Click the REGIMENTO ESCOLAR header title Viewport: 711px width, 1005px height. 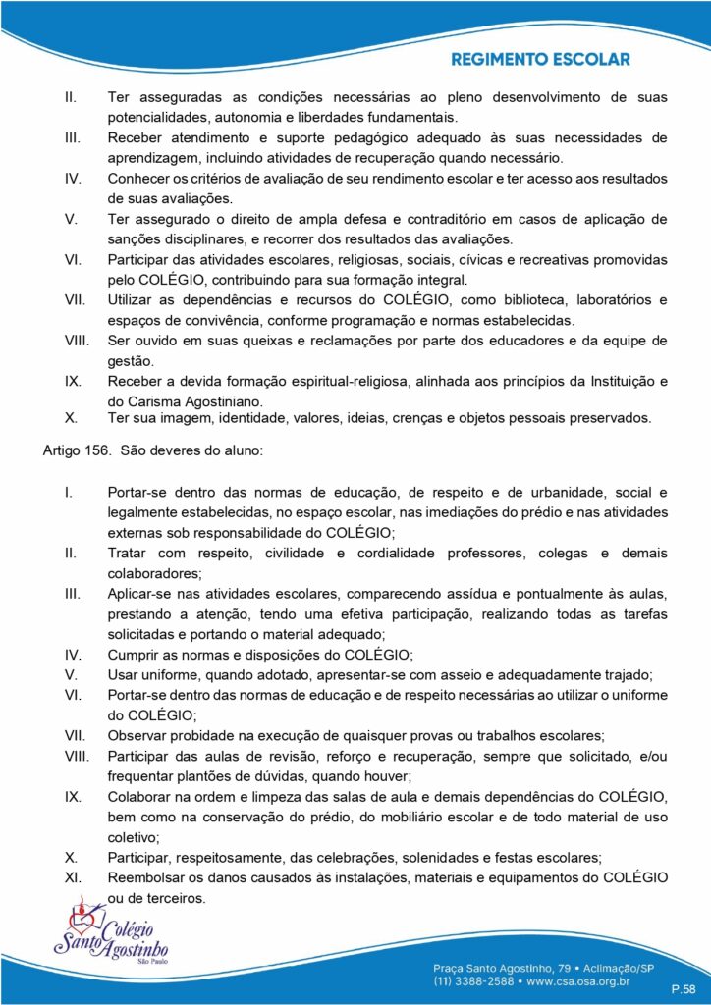pyautogui.click(x=540, y=60)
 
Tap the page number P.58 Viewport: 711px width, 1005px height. pyautogui.click(x=683, y=987)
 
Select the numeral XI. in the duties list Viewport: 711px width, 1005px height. pyautogui.click(x=71, y=875)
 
